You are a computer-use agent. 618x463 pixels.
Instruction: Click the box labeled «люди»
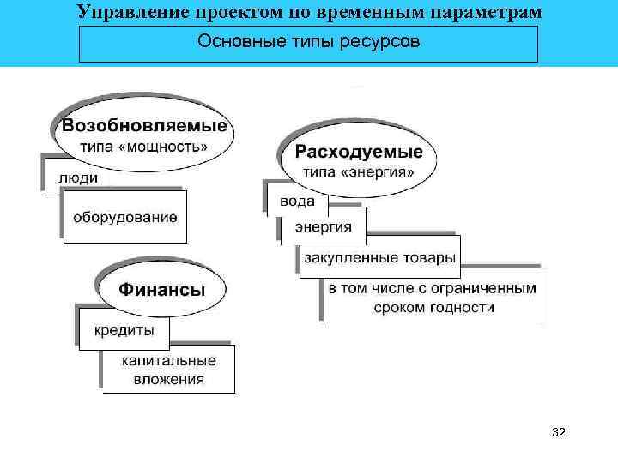[x=78, y=178]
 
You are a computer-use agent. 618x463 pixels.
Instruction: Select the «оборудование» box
[x=124, y=217]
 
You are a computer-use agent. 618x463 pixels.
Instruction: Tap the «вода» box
[x=297, y=202]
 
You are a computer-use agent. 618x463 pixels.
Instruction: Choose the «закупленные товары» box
[x=379, y=257]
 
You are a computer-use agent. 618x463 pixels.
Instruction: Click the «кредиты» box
[x=124, y=330]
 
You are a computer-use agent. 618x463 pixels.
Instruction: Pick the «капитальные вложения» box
[x=168, y=370]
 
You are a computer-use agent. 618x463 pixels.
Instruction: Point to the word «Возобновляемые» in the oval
[x=145, y=125]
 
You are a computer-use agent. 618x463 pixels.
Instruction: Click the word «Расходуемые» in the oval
[x=359, y=153]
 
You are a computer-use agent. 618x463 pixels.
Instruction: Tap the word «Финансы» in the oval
[x=161, y=289]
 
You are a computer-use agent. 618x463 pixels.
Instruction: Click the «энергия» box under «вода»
[x=324, y=226]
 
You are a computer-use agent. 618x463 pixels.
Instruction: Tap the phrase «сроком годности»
[x=433, y=307]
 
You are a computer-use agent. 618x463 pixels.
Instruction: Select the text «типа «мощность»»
[x=144, y=146]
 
